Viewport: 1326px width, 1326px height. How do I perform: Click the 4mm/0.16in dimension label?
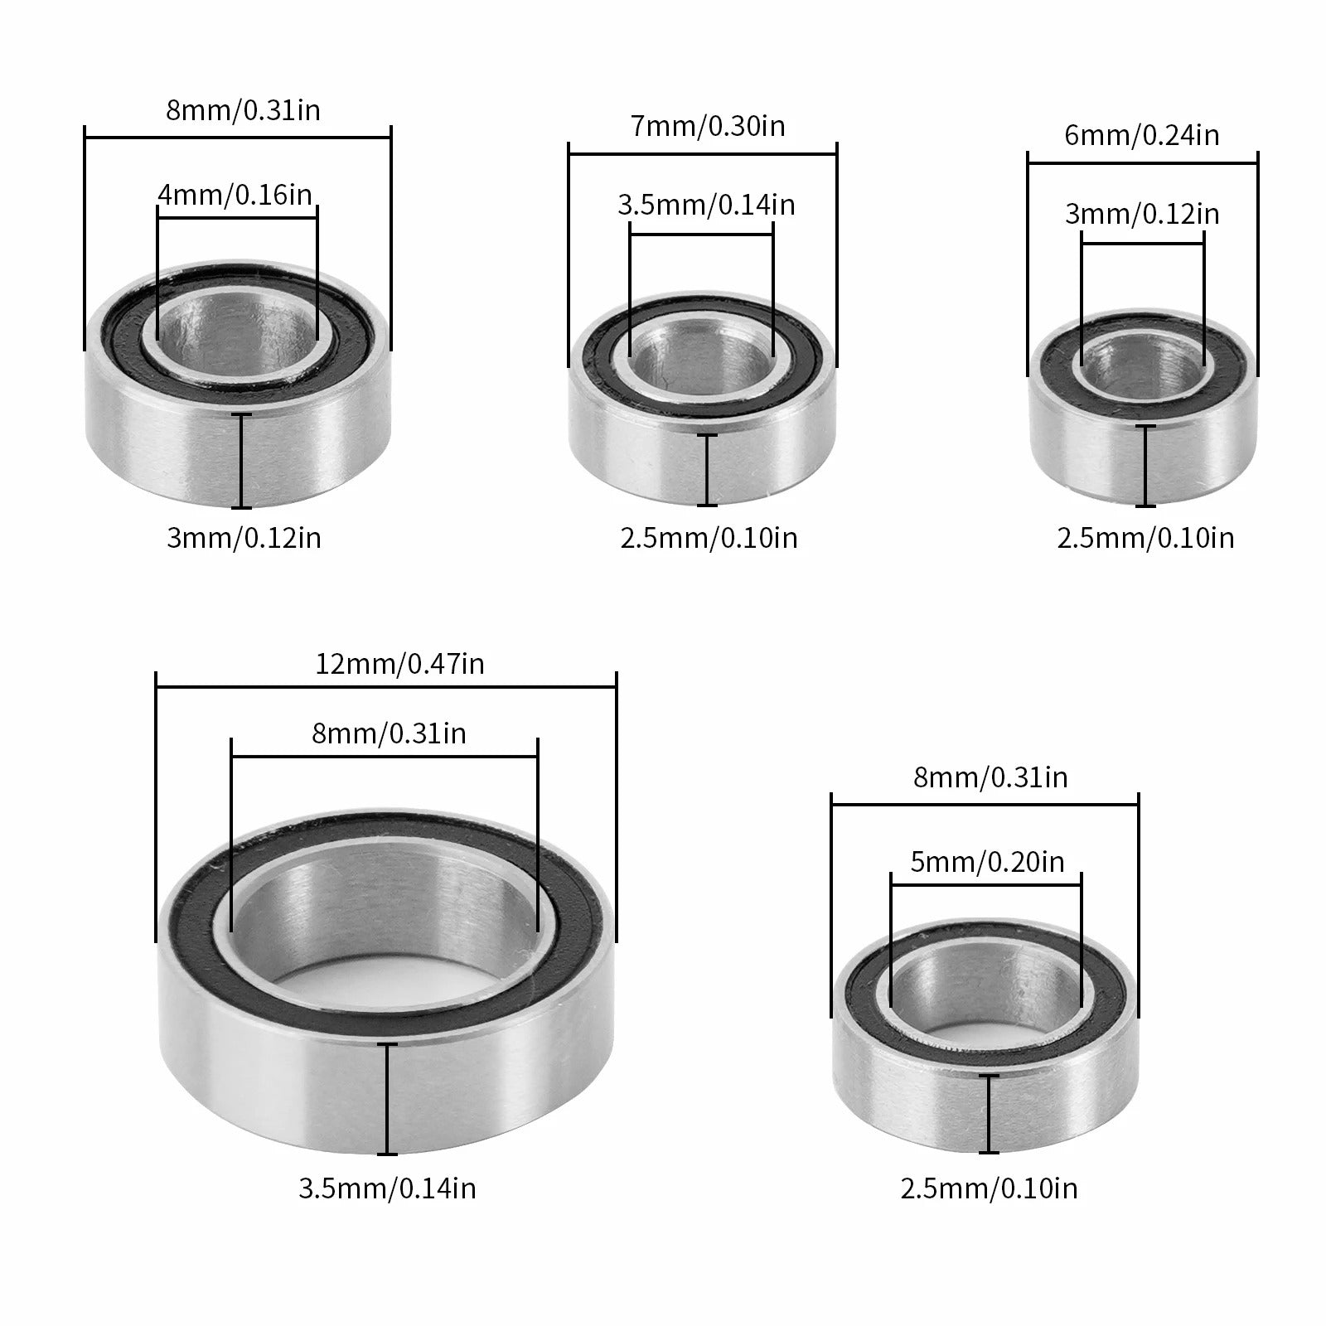coord(235,195)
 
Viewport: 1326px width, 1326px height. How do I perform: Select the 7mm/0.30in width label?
coord(708,126)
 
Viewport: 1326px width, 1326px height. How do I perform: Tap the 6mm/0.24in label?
coord(1142,135)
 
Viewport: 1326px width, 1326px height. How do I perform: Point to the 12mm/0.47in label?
coord(400,664)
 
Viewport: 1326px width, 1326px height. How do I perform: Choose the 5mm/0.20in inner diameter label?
coord(987,863)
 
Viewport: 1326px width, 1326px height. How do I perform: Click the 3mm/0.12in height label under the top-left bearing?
coord(244,539)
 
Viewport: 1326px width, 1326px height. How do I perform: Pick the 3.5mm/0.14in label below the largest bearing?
coord(388,1189)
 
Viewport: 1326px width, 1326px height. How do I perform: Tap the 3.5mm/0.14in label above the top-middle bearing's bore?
coord(706,205)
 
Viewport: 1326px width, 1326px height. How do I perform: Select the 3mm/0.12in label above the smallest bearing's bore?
coord(1142,215)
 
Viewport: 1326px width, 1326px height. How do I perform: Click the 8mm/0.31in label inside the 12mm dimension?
coord(389,733)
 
